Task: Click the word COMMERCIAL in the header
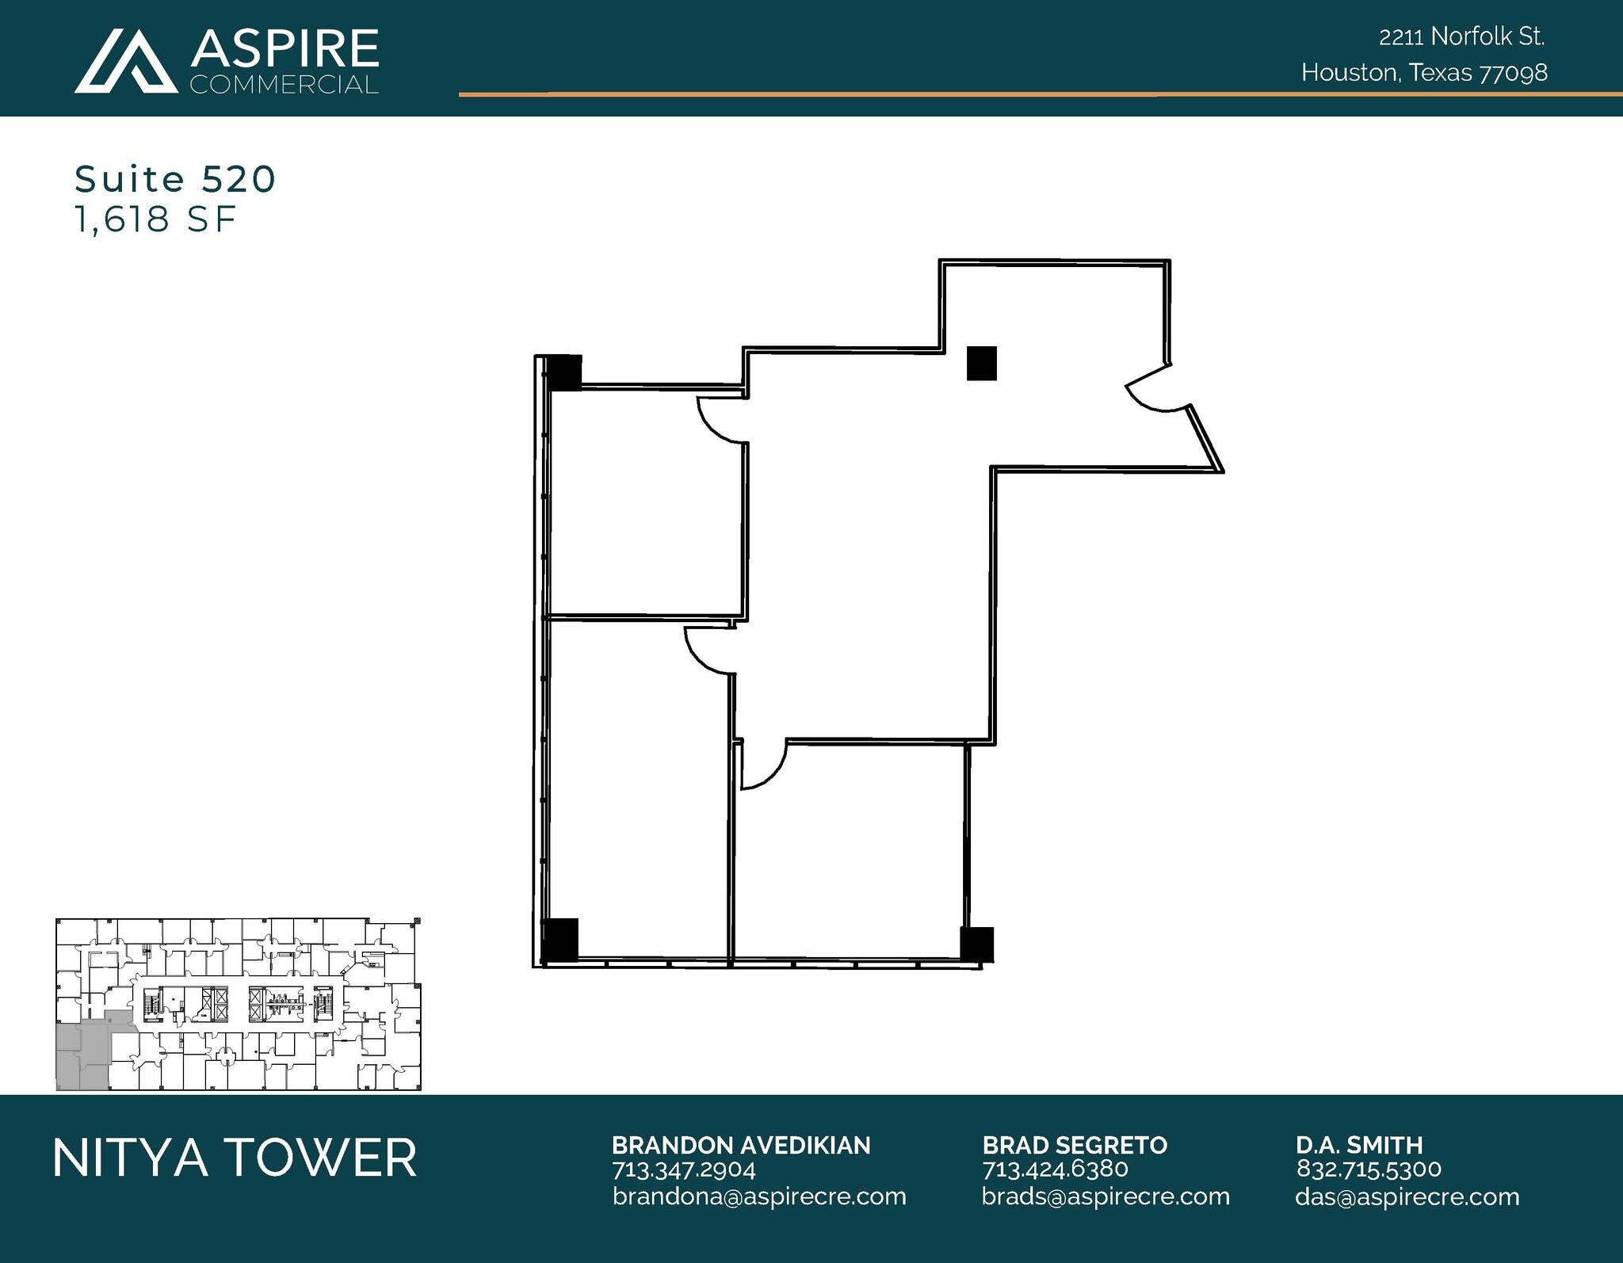pos(284,85)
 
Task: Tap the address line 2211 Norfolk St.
pos(1461,36)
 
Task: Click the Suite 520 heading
pos(175,179)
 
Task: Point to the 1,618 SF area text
pos(155,219)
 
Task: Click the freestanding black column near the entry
pos(981,364)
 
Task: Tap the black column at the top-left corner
pos(563,372)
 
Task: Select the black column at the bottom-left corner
pos(560,940)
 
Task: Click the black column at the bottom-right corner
pos(976,944)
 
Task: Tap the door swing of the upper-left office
pos(720,420)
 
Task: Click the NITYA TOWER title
pos(235,1158)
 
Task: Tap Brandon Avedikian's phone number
pos(683,1170)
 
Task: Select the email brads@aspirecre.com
pos(1105,1196)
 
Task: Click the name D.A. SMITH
pos(1359,1145)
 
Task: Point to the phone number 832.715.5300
pos(1369,1169)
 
